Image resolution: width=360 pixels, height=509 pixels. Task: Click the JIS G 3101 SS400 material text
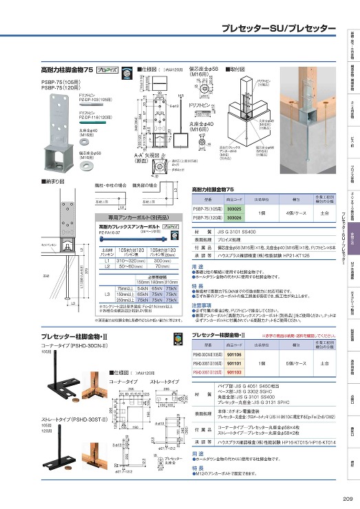tap(231, 233)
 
